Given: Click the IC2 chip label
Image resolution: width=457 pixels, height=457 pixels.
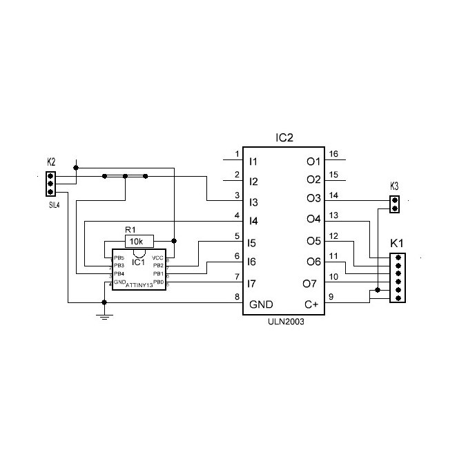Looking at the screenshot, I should tap(284, 138).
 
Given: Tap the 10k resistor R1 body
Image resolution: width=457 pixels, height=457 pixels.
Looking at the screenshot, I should tap(136, 241).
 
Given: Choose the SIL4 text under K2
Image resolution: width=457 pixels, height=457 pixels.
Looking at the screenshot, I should tap(53, 205).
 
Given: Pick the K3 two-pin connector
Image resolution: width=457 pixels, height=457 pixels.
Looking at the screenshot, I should tap(394, 204).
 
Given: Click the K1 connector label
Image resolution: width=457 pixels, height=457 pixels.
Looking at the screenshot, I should tap(397, 244).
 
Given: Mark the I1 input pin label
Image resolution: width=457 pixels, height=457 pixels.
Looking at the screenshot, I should tap(253, 162).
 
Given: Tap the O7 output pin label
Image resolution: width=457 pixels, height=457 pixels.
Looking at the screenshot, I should tap(310, 283).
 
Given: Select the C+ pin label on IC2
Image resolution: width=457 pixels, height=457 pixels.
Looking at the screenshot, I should tap(312, 304).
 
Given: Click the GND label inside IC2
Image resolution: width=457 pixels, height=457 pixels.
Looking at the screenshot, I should tap(260, 304).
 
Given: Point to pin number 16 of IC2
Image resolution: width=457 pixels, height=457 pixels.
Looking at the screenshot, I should tap(333, 154).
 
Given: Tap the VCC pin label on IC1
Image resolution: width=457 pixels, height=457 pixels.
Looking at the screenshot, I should tap(157, 258).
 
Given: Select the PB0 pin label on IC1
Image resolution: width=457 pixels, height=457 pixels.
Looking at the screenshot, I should tap(158, 282).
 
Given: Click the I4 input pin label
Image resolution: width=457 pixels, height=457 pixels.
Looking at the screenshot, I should tap(253, 222).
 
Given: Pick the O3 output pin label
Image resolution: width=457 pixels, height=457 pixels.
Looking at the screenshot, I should tap(313, 199).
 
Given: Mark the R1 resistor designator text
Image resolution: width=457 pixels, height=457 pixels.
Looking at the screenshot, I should tap(130, 230).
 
